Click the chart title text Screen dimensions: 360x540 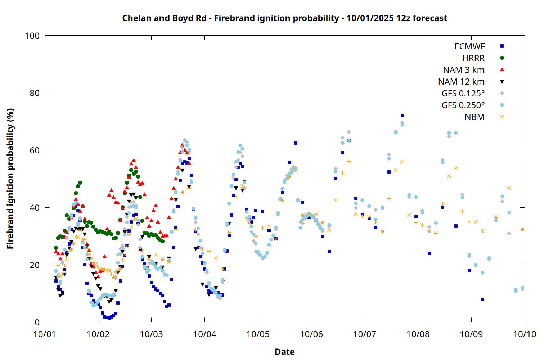[x=284, y=18]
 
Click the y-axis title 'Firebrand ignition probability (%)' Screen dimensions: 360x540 [x=10, y=179]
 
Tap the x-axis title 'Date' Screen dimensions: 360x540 [x=284, y=352]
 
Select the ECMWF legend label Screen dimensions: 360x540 [x=469, y=46]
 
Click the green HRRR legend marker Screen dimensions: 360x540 [x=502, y=58]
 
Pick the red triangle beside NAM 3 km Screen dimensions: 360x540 [x=502, y=69]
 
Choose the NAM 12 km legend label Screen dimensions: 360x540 [x=461, y=82]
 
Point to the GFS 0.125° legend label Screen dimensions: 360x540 [x=463, y=94]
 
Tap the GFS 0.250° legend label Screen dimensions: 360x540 [x=463, y=105]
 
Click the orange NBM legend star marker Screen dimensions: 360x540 [x=502, y=117]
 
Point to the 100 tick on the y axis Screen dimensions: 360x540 [x=32, y=36]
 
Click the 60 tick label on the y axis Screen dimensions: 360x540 [x=35, y=150]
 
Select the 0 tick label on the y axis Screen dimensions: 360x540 [x=37, y=322]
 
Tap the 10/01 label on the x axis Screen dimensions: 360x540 [x=45, y=334]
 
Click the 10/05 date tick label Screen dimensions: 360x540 [x=258, y=334]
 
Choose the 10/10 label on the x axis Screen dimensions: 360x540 [x=525, y=334]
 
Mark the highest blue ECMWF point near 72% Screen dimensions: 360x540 [x=402, y=116]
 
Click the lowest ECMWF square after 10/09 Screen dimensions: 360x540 [x=482, y=299]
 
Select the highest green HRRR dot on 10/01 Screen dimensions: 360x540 [x=80, y=183]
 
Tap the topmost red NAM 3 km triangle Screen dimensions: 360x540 [x=182, y=145]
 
